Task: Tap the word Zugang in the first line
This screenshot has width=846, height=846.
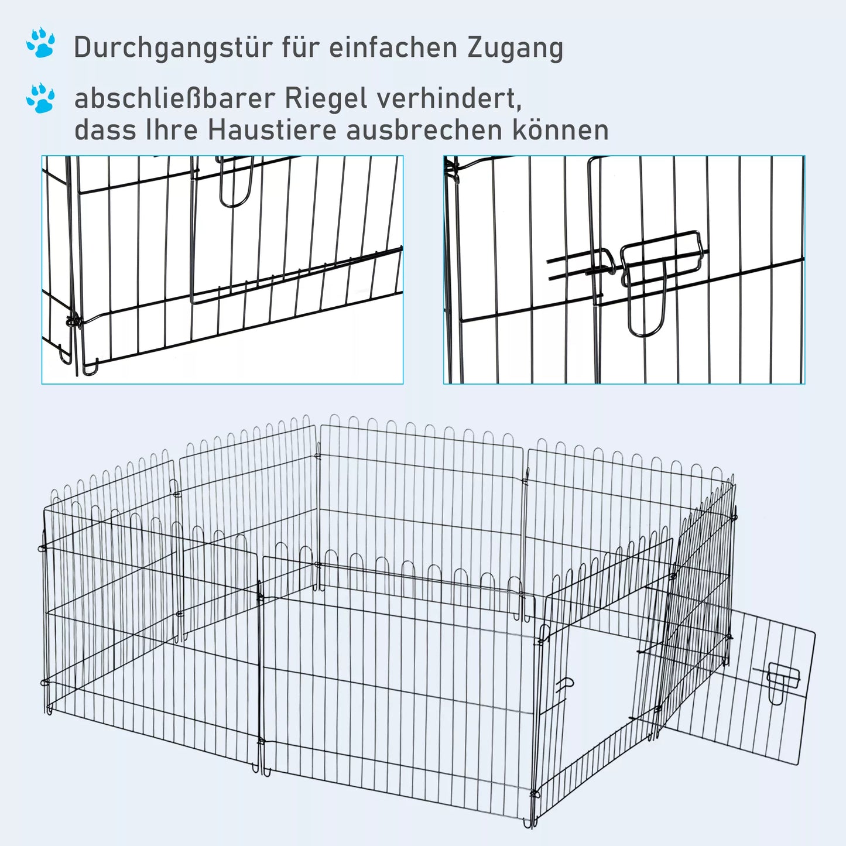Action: coord(515,48)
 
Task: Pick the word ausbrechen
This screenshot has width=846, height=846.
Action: coord(425,130)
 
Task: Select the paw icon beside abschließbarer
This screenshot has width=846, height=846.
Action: coord(41,98)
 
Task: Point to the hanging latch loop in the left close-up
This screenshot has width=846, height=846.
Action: coord(235,181)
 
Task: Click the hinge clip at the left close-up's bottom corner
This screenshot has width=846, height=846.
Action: coord(74,321)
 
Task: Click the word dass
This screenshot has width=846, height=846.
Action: coord(105,130)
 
